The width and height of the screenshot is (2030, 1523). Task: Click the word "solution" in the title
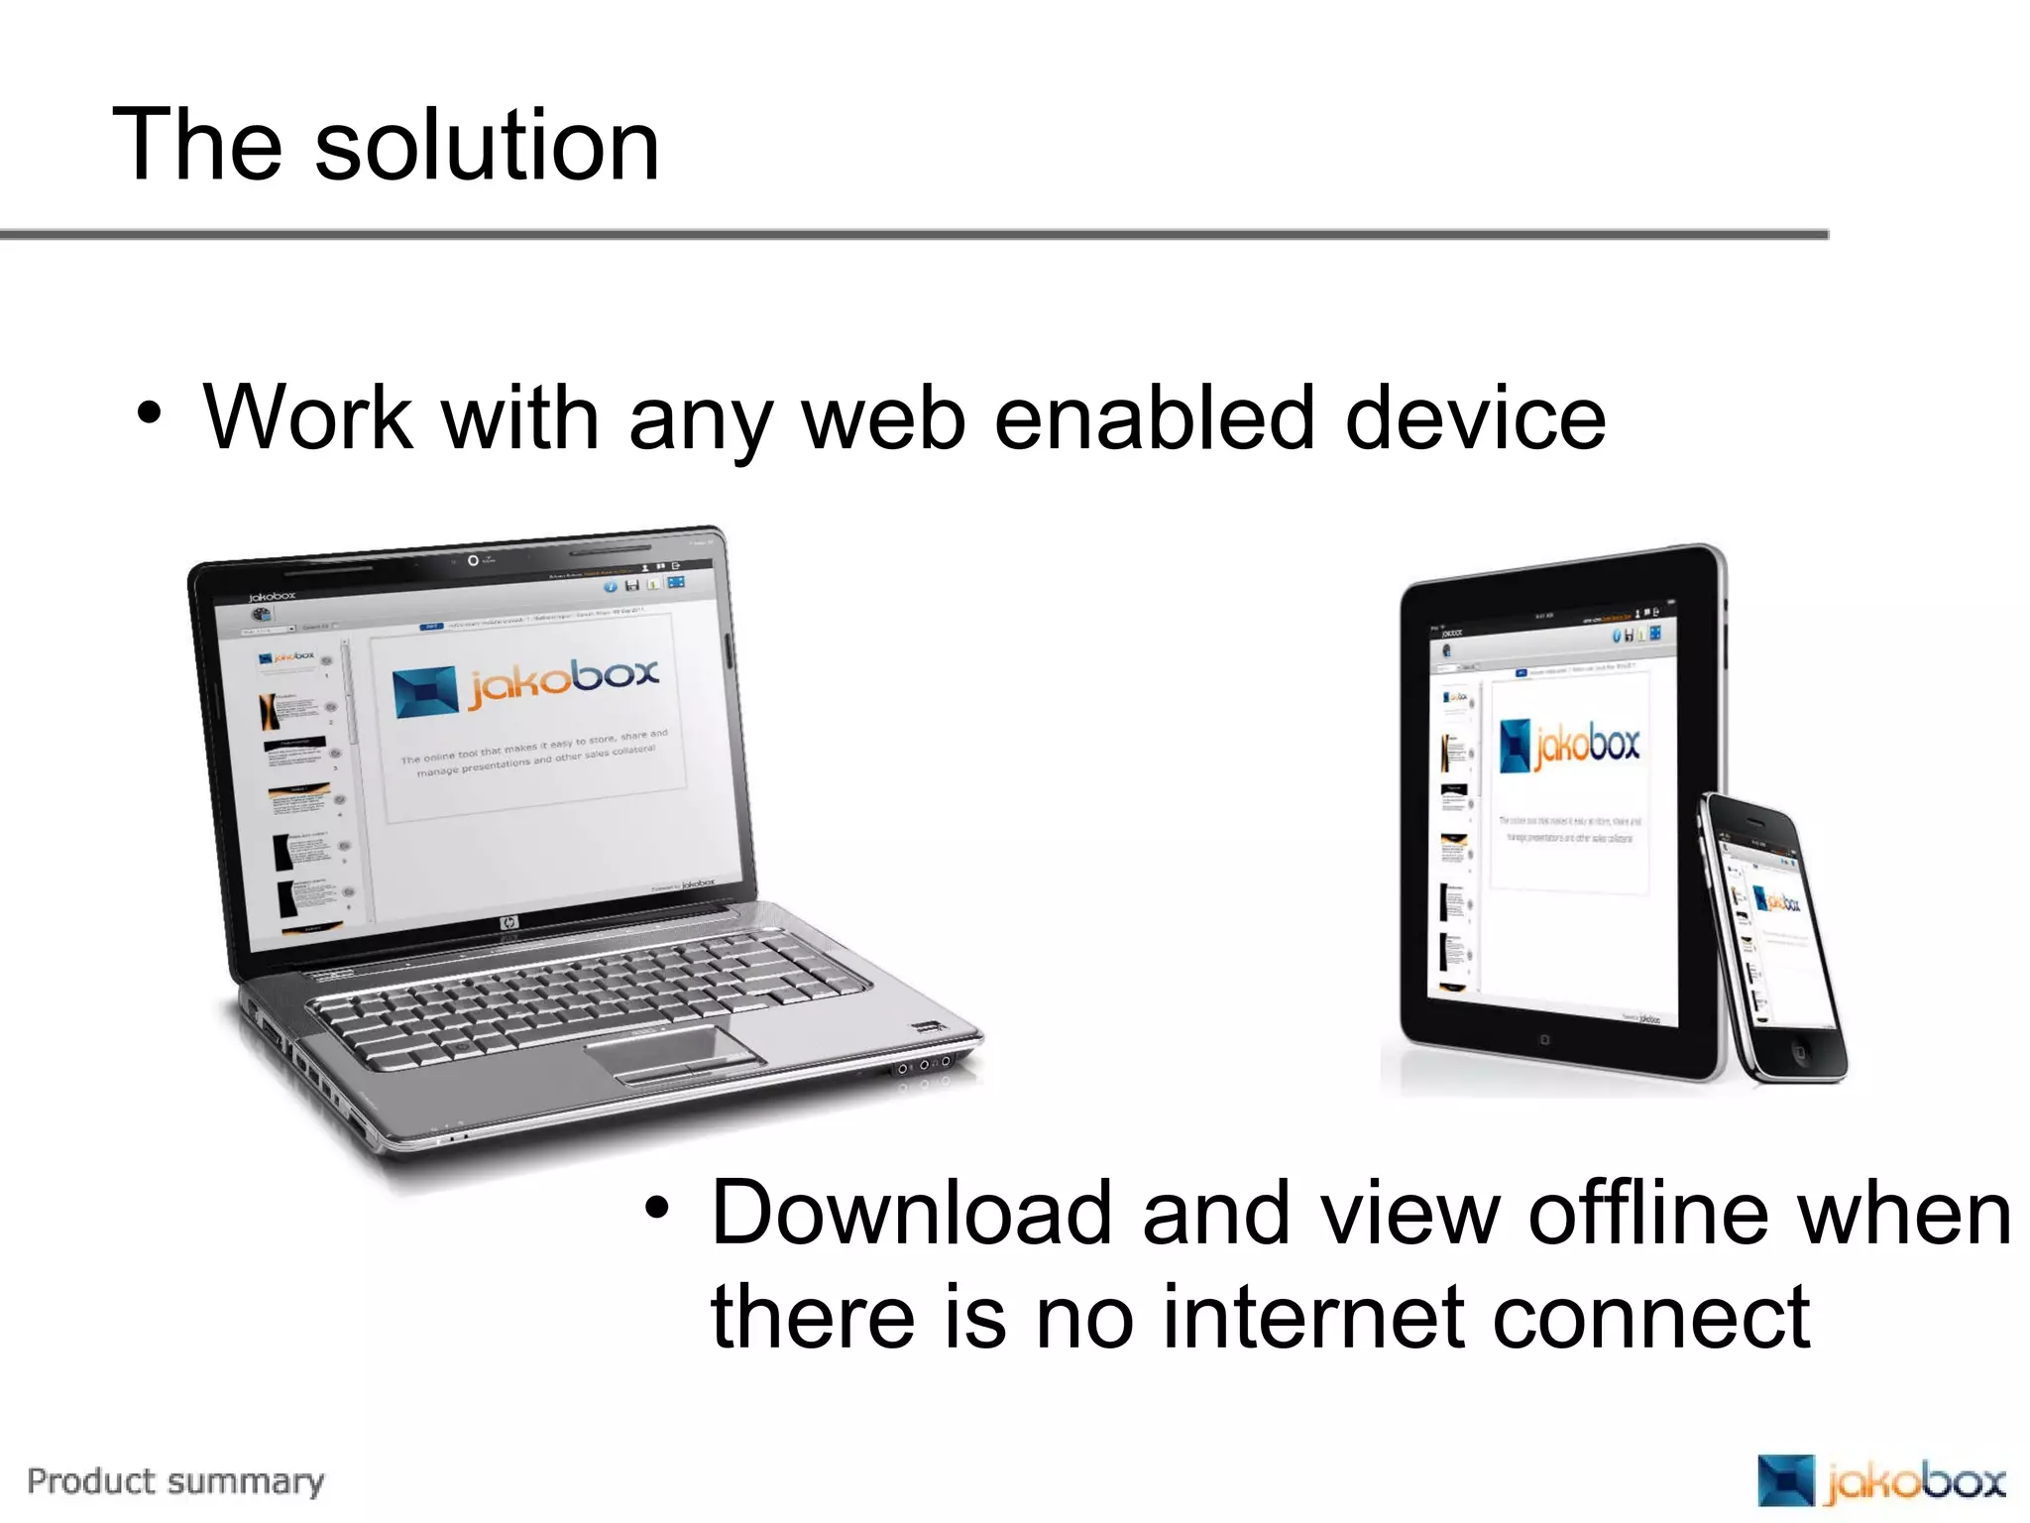[x=486, y=146]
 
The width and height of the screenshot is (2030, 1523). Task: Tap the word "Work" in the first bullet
[x=308, y=418]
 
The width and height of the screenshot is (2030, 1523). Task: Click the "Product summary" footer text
[x=175, y=1481]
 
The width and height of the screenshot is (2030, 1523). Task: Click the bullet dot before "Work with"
[x=149, y=413]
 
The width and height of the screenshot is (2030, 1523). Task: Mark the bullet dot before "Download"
[x=656, y=1207]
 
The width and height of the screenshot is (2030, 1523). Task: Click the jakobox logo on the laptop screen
[x=525, y=684]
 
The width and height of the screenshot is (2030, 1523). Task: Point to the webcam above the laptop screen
[x=473, y=561]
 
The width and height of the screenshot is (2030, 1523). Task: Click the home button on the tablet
[x=1543, y=1040]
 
